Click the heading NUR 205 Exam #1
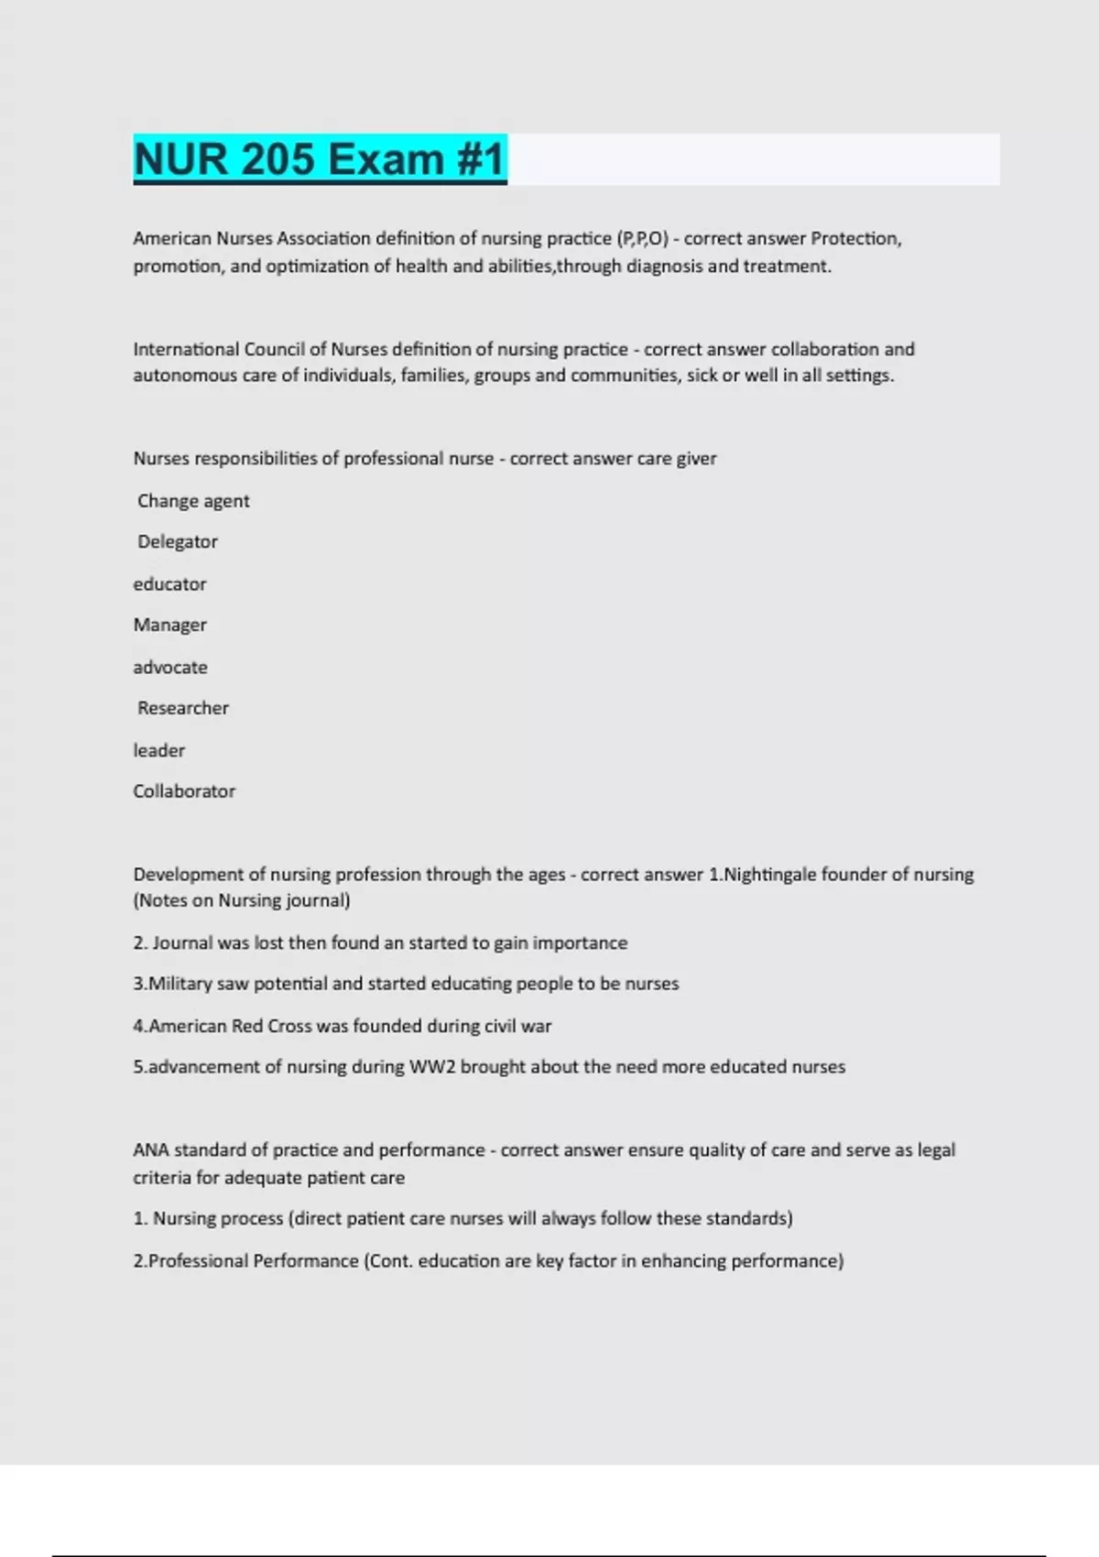point(320,159)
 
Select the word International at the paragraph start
point(186,349)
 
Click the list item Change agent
point(193,501)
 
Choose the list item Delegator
point(178,541)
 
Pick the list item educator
point(169,583)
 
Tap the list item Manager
point(169,625)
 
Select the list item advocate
point(170,667)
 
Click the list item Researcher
point(183,708)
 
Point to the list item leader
point(158,750)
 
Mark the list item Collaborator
point(184,791)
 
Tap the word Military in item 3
point(180,984)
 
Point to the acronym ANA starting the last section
point(151,1150)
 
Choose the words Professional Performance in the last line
point(254,1261)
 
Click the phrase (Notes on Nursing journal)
point(242,900)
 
